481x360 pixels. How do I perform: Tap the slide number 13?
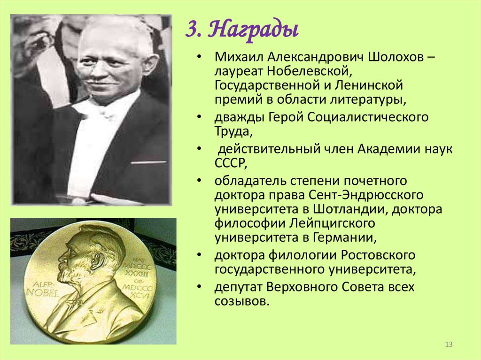tap(448, 345)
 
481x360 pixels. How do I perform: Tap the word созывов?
tap(241, 301)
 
